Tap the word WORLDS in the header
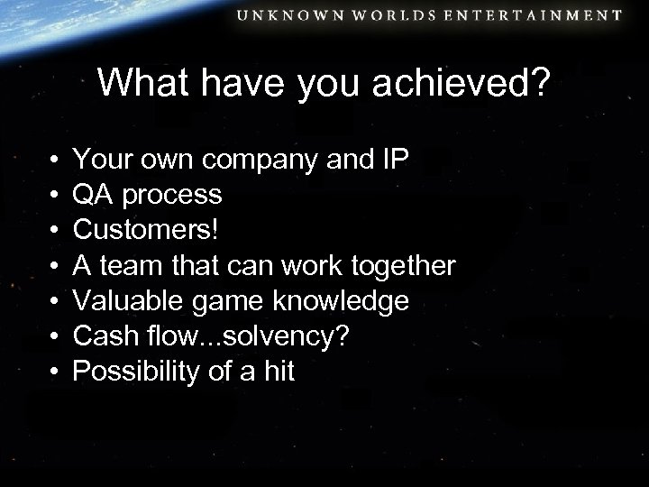[411, 15]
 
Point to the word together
[407, 268]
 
